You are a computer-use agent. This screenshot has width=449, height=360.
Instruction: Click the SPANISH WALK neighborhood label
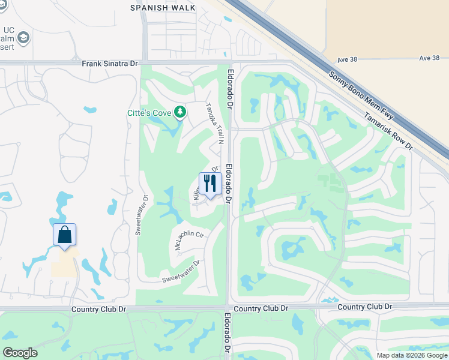(x=163, y=7)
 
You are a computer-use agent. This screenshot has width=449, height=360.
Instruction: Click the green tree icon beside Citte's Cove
(x=179, y=112)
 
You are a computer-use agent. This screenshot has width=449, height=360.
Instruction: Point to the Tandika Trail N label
(x=214, y=123)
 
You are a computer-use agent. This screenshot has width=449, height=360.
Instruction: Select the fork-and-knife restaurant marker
(x=210, y=184)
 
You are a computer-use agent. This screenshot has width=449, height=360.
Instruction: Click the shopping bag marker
(x=65, y=235)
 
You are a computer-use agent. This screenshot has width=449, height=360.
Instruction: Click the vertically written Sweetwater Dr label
(x=141, y=215)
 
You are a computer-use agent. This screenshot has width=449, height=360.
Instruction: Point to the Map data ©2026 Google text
(x=411, y=355)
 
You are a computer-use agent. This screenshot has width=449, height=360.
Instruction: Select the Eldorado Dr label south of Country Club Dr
(x=228, y=336)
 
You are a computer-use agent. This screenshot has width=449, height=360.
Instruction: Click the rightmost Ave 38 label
(x=430, y=58)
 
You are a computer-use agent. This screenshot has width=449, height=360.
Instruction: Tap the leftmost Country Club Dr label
(x=98, y=308)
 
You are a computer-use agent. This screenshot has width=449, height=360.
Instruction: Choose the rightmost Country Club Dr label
(x=365, y=307)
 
